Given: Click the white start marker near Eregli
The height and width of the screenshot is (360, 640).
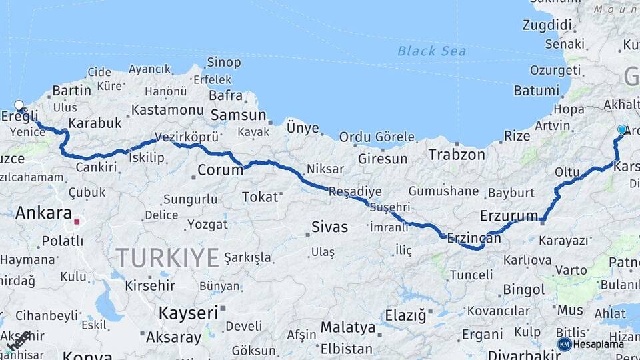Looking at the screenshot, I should [19, 105].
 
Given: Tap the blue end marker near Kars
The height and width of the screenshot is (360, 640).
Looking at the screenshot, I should [622, 129].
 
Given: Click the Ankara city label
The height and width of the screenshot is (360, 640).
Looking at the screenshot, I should [43, 213].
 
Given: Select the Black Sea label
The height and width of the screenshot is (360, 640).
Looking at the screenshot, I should [431, 51].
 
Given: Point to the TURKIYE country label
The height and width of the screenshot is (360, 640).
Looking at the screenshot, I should [167, 257].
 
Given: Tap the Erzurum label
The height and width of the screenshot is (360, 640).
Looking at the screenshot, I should [509, 215].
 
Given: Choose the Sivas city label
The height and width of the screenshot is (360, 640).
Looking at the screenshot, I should [330, 227].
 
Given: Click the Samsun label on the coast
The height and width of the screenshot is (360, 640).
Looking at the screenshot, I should [238, 115].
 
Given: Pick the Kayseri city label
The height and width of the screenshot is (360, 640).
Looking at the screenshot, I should [188, 312].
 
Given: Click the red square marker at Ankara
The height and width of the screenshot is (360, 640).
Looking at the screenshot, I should [77, 221].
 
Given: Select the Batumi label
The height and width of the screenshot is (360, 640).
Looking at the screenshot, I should [537, 90].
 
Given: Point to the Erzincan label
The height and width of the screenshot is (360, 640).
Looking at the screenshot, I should [473, 237].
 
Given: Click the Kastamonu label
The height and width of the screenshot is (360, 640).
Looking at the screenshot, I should [167, 109].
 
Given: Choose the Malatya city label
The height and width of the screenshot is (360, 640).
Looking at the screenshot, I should [348, 327].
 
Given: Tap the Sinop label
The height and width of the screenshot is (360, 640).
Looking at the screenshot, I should [224, 62].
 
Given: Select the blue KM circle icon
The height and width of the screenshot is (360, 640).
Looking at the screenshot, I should [565, 344].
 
